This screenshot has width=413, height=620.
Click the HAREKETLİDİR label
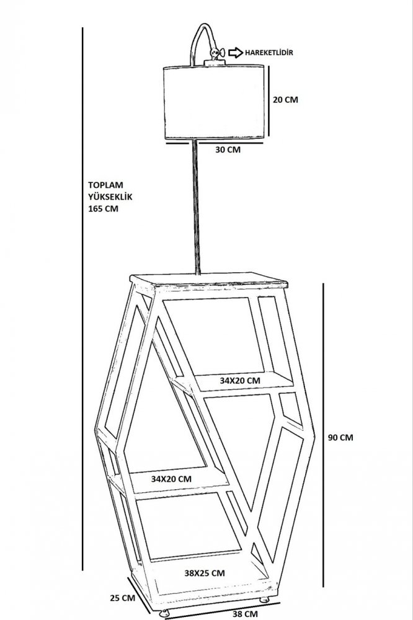click(269, 52)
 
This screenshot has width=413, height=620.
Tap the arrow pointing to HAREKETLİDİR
click(235, 52)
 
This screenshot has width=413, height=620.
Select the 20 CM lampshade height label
click(285, 100)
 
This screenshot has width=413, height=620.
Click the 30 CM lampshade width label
click(228, 150)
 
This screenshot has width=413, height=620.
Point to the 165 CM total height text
click(103, 208)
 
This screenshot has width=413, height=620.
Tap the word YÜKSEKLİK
click(110, 197)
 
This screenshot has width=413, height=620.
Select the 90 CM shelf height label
click(340, 437)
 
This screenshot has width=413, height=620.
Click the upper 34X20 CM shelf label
click(240, 381)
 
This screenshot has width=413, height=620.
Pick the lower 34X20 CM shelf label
click(171, 479)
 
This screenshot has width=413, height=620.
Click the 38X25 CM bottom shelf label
click(205, 572)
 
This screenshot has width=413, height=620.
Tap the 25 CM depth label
click(122, 598)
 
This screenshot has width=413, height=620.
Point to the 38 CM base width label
click(245, 614)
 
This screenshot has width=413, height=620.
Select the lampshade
click(213, 102)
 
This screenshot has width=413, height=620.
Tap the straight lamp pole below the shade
click(196, 207)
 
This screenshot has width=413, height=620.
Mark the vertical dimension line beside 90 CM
click(323, 435)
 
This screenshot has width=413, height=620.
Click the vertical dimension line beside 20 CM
click(269, 101)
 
